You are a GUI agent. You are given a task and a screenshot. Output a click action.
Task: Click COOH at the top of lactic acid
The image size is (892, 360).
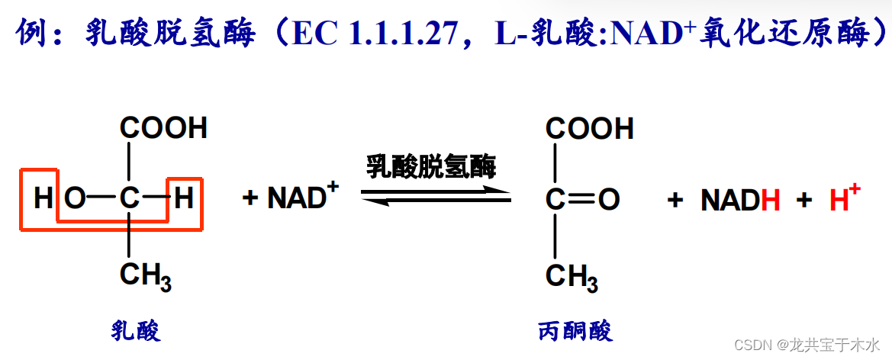tap(163, 128)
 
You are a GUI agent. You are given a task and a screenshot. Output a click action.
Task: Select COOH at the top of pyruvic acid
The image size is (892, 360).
tap(590, 128)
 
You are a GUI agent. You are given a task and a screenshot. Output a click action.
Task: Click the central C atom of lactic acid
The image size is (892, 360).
tap(129, 199)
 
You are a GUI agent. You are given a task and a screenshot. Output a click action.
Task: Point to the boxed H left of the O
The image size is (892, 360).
tap(43, 199)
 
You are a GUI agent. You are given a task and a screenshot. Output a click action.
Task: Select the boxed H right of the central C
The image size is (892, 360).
tap(184, 199)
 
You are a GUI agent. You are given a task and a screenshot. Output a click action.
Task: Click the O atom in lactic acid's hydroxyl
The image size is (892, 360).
tap(74, 199)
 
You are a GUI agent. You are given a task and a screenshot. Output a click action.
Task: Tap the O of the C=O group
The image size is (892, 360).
tap(608, 200)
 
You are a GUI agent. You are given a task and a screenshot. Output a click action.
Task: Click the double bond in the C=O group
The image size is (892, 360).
tap(581, 200)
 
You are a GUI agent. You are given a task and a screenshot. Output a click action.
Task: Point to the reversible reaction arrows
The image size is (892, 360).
tap(436, 196)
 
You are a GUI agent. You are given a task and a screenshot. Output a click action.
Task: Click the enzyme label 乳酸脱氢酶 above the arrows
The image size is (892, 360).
tap(431, 166)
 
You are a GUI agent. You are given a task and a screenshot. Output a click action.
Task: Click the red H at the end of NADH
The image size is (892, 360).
tap(771, 201)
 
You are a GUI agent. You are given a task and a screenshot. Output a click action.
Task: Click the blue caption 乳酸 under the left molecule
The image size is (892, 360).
tap(136, 331)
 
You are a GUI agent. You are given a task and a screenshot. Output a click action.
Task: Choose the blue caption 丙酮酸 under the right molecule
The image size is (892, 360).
tap(575, 331)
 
